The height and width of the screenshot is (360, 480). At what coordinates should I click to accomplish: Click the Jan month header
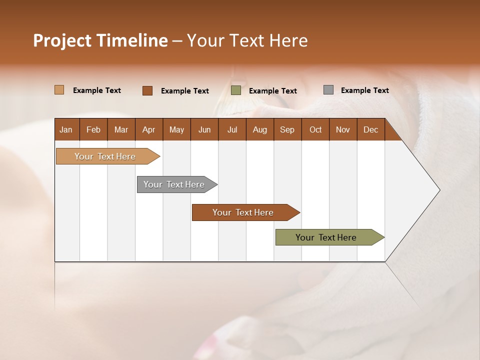66,129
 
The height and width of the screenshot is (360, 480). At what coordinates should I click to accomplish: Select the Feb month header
93,129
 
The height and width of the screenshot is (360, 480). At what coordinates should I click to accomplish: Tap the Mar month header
121,129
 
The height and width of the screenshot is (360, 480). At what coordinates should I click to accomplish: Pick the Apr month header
148,129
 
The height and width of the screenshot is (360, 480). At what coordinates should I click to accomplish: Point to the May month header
176,129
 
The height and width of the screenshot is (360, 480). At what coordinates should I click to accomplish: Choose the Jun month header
204,129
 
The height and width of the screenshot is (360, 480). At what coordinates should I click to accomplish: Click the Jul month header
232,129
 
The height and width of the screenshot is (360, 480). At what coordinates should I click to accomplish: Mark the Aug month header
259,129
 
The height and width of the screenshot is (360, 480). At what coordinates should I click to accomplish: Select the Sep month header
287,129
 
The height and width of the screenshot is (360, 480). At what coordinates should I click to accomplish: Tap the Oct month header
315,129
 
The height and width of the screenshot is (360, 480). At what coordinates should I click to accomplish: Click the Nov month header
343,129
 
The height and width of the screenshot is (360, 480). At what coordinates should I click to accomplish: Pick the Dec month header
370,129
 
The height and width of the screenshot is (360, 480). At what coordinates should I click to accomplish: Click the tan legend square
59,90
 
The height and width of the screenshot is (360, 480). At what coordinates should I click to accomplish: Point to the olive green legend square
236,90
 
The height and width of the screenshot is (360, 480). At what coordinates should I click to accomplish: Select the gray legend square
328,90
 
